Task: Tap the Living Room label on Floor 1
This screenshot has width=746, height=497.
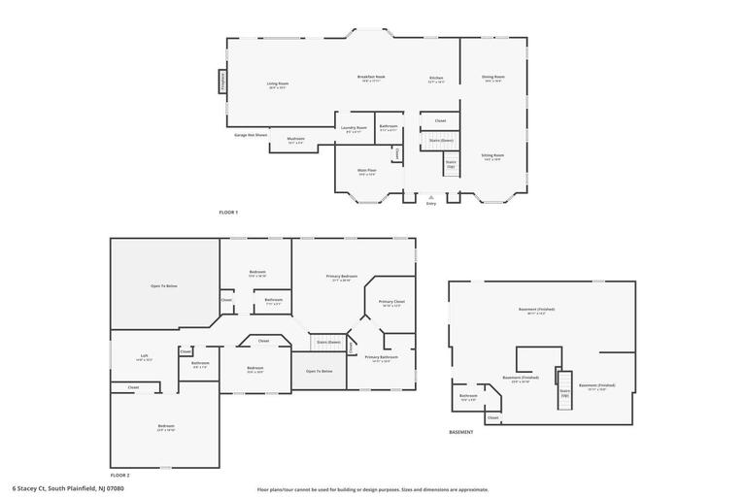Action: [x=278, y=85]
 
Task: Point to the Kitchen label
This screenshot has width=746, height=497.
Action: [x=437, y=79]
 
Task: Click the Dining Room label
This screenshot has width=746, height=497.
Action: [x=493, y=79]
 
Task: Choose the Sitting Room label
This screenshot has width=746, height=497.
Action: [x=493, y=156]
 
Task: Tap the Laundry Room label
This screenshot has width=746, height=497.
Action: [x=354, y=129]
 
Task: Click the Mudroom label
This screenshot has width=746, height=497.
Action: [x=295, y=140]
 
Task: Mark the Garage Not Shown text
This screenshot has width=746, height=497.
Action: [x=251, y=135]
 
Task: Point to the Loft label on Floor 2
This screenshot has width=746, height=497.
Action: [x=144, y=357]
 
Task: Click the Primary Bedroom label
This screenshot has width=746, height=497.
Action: [x=342, y=278]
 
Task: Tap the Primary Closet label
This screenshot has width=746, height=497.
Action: [x=391, y=303]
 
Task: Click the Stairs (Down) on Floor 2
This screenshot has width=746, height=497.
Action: [x=328, y=343]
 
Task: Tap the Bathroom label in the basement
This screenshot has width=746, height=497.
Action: [x=468, y=396]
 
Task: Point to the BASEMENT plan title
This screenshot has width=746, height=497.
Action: [x=461, y=432]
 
